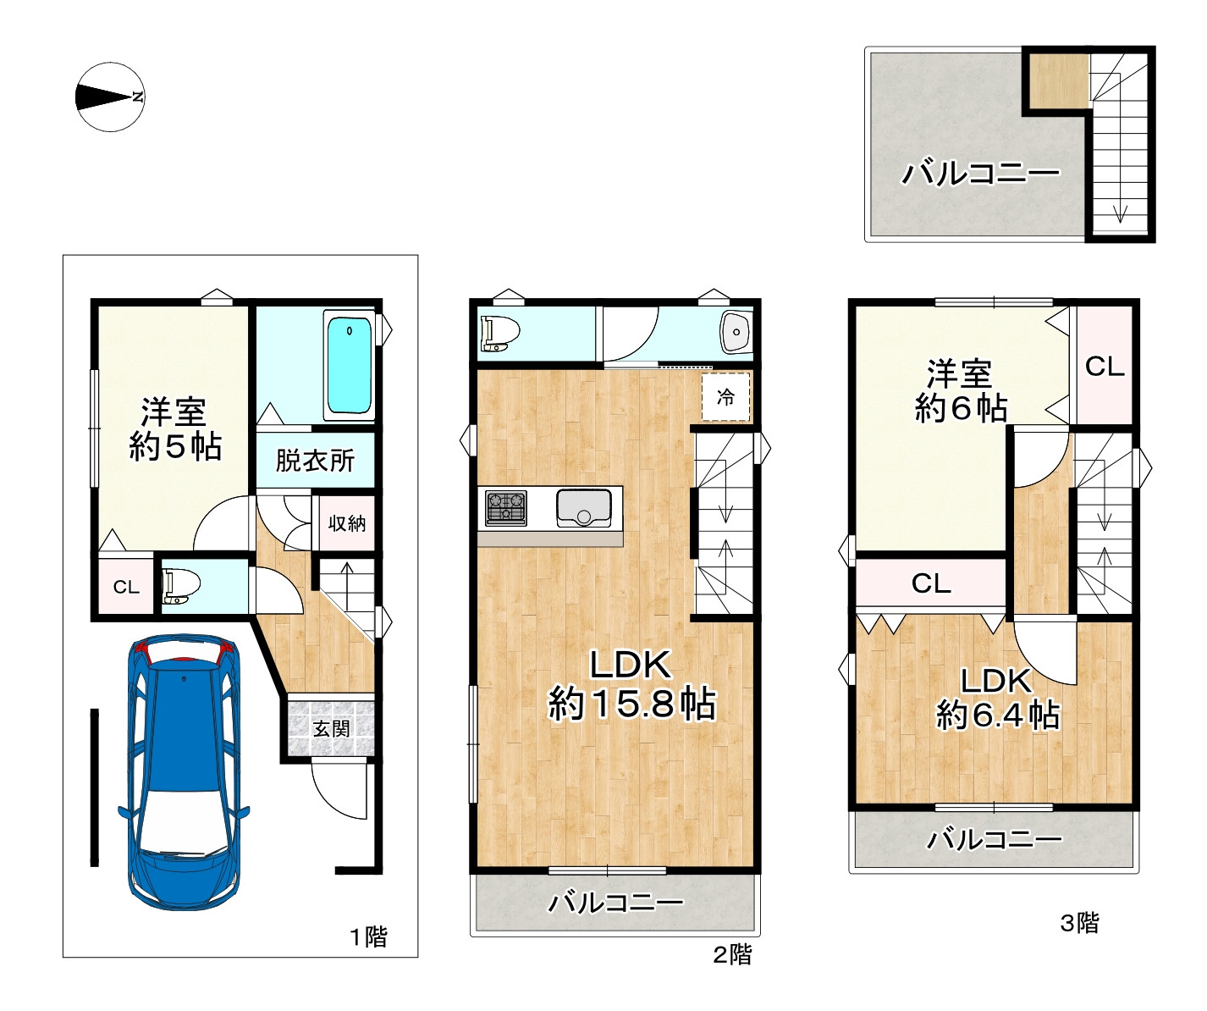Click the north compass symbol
tap(110, 97)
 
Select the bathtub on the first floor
tap(349, 366)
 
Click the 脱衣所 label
tap(315, 461)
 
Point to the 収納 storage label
tap(347, 523)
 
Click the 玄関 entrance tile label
tap(331, 729)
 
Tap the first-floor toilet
tap(180, 586)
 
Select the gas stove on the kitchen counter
tap(506, 508)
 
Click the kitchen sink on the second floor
tap(584, 508)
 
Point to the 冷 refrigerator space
tap(726, 397)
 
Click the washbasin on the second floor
tap(736, 332)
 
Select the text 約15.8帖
tap(631, 704)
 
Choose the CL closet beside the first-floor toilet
tap(127, 587)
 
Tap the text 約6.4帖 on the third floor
tap(998, 715)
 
